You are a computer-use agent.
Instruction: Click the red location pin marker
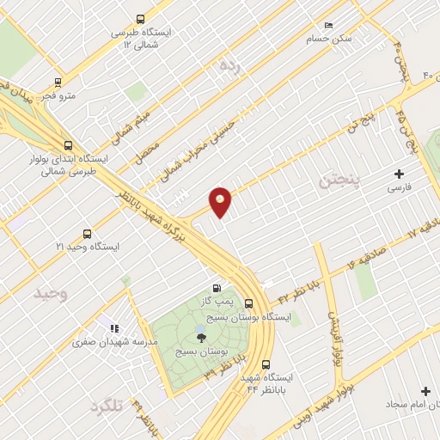[221, 202]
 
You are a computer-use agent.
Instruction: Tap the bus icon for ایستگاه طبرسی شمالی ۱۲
[141, 18]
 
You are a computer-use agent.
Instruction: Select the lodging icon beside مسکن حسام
[327, 26]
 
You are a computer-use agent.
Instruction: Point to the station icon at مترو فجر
[58, 82]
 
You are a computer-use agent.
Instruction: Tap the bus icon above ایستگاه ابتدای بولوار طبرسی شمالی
[68, 145]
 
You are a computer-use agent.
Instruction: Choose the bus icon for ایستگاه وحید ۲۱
[86, 234]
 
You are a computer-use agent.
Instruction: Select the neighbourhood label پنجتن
[337, 181]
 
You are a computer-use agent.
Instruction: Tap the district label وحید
[50, 293]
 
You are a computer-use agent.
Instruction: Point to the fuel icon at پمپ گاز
[216, 288]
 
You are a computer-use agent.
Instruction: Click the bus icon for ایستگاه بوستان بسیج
[248, 303]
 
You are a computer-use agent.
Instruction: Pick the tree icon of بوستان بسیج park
[201, 337]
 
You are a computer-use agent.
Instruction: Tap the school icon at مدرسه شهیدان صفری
[114, 327]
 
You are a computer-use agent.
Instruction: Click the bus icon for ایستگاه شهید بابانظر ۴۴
[266, 364]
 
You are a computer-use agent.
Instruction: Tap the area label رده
[228, 64]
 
